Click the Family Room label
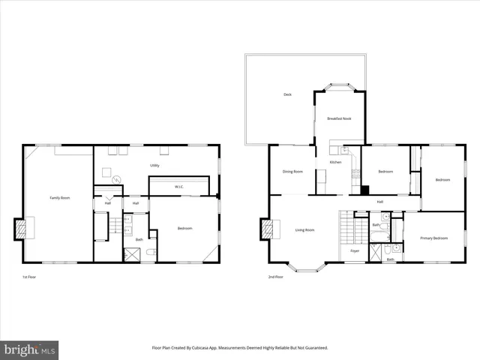[x=60, y=197]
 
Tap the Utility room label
[x=154, y=165]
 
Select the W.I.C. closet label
[x=179, y=187]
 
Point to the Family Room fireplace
[x=19, y=229]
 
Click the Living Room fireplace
[x=265, y=229]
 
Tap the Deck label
[x=287, y=94]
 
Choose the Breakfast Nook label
[x=339, y=118]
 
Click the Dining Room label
[x=292, y=171]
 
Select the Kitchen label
[x=336, y=162]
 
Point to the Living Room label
[x=304, y=229]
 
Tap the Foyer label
[x=355, y=250]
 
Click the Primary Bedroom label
[x=433, y=238]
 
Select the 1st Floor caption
[x=29, y=277]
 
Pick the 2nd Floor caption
[x=275, y=277]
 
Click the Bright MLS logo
[x=30, y=349]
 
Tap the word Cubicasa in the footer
[x=206, y=348]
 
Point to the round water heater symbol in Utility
[x=116, y=179]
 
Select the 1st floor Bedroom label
[x=184, y=228]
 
